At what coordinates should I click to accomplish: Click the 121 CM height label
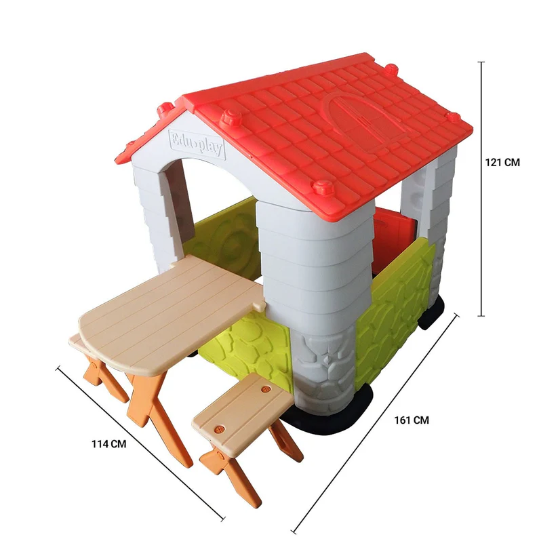(x=502, y=162)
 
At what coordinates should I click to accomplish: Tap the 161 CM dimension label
(x=412, y=420)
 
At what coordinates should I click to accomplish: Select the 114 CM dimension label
(x=109, y=444)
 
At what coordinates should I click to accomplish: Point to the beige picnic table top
(x=171, y=313)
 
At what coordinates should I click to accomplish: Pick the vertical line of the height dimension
(x=481, y=189)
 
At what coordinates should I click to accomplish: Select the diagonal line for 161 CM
(x=375, y=423)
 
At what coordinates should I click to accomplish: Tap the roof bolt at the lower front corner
(x=323, y=186)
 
